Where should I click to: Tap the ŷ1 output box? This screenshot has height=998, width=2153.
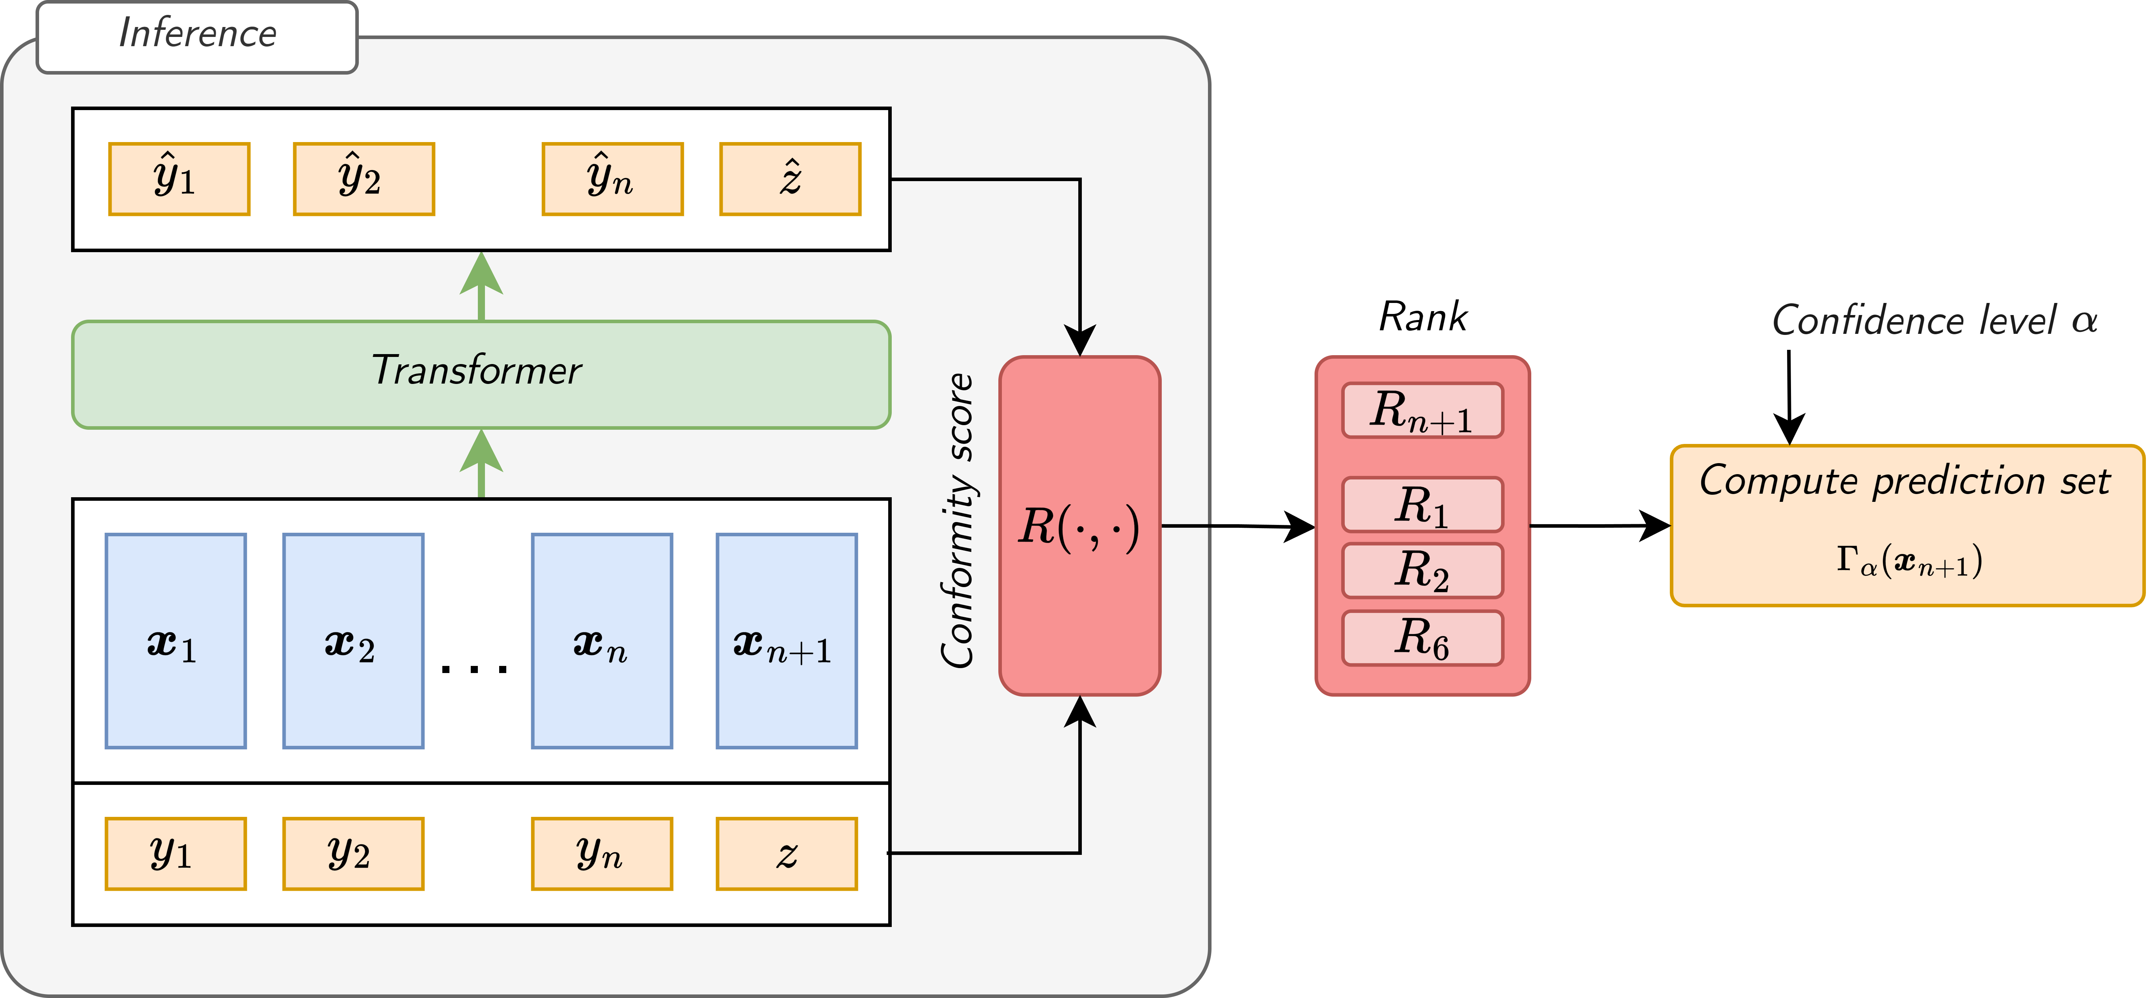coord(179,179)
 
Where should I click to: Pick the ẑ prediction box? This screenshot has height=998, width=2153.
coord(790,179)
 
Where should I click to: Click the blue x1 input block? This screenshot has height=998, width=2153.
coord(176,640)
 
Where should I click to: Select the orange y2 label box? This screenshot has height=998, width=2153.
coord(353,853)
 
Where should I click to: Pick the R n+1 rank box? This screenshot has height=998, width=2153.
coord(1422,411)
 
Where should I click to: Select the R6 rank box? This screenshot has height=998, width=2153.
coord(1422,638)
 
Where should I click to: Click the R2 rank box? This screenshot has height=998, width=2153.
coord(1422,570)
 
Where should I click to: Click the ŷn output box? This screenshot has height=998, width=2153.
coord(612,179)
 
